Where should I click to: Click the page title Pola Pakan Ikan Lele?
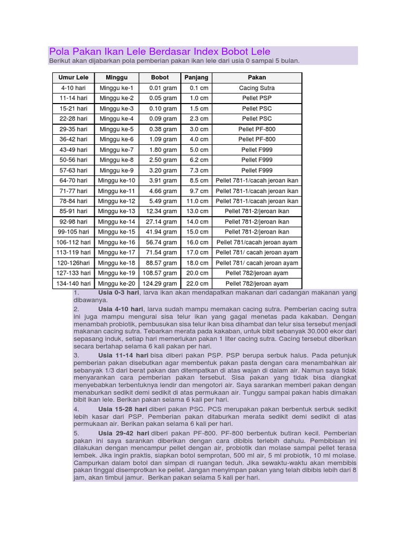[160, 52]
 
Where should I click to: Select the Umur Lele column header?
[74, 78]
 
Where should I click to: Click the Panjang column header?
[196, 78]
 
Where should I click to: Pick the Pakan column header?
[257, 78]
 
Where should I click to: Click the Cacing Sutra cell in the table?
[257, 88]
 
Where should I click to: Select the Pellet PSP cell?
[257, 98]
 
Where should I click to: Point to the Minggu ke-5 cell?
[116, 129]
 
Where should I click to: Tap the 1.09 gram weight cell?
[163, 139]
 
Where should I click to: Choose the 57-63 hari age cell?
[74, 170]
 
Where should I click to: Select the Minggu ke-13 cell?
[116, 211]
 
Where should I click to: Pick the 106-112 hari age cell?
[74, 242]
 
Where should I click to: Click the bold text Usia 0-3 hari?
[118, 293]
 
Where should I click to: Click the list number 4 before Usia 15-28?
[77, 409]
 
